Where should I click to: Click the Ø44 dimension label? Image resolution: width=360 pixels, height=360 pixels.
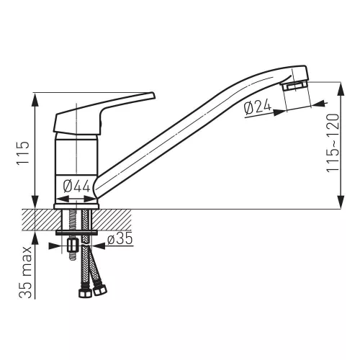click(76, 186)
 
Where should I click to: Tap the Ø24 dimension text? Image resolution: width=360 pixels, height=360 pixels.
click(257, 107)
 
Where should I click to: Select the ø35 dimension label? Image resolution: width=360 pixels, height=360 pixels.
click(120, 238)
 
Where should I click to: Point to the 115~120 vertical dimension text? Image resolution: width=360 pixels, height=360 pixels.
click(333, 143)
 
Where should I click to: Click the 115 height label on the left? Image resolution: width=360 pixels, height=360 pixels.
click(23, 153)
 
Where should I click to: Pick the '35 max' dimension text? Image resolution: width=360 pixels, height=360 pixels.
click(25, 272)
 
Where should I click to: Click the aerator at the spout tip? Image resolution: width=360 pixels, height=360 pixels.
click(294, 86)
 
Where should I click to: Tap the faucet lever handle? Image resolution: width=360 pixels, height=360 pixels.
click(104, 113)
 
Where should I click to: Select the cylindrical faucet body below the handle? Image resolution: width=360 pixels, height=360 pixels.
click(76, 169)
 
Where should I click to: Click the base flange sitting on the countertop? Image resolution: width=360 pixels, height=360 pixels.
click(76, 207)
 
